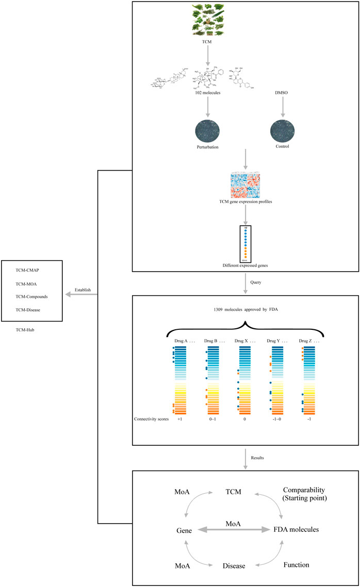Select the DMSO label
coord(282,101)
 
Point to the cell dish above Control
coord(282,133)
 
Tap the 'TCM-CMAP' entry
coord(27,270)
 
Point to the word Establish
coord(83,290)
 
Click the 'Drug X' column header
coord(242,341)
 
